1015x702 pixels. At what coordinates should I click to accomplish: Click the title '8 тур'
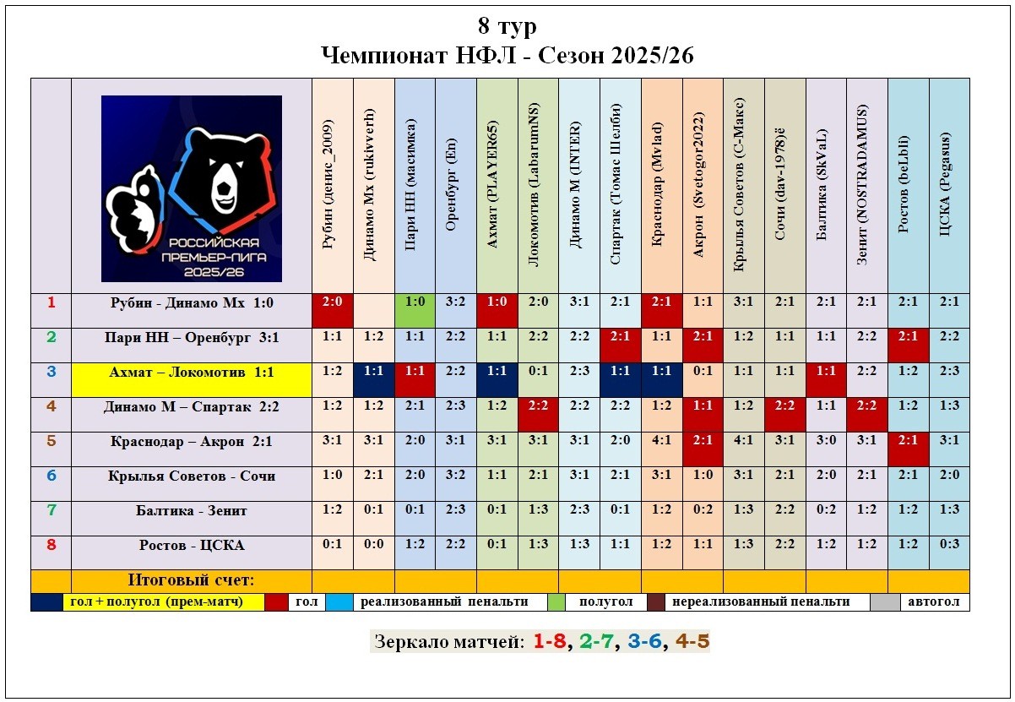507,27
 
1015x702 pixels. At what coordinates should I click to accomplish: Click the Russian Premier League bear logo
192,188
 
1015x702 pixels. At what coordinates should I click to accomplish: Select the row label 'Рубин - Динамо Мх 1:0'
192,303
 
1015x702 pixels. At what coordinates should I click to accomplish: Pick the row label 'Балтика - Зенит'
192,510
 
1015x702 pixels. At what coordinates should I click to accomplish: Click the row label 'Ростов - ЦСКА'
192,545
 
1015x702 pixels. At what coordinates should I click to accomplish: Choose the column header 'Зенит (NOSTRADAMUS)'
867,186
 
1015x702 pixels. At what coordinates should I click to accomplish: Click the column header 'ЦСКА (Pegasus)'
949,186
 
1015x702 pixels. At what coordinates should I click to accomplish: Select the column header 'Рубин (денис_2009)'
333,186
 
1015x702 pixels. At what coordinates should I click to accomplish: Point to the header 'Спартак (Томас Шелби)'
621,186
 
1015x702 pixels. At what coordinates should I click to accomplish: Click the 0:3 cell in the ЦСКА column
949,545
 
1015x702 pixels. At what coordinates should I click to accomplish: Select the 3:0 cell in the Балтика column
826,441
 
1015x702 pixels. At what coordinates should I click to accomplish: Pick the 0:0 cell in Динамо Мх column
373,545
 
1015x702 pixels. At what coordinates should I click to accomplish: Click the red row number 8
51,545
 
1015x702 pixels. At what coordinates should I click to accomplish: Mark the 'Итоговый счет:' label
192,580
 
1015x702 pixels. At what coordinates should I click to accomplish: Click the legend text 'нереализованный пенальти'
768,602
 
